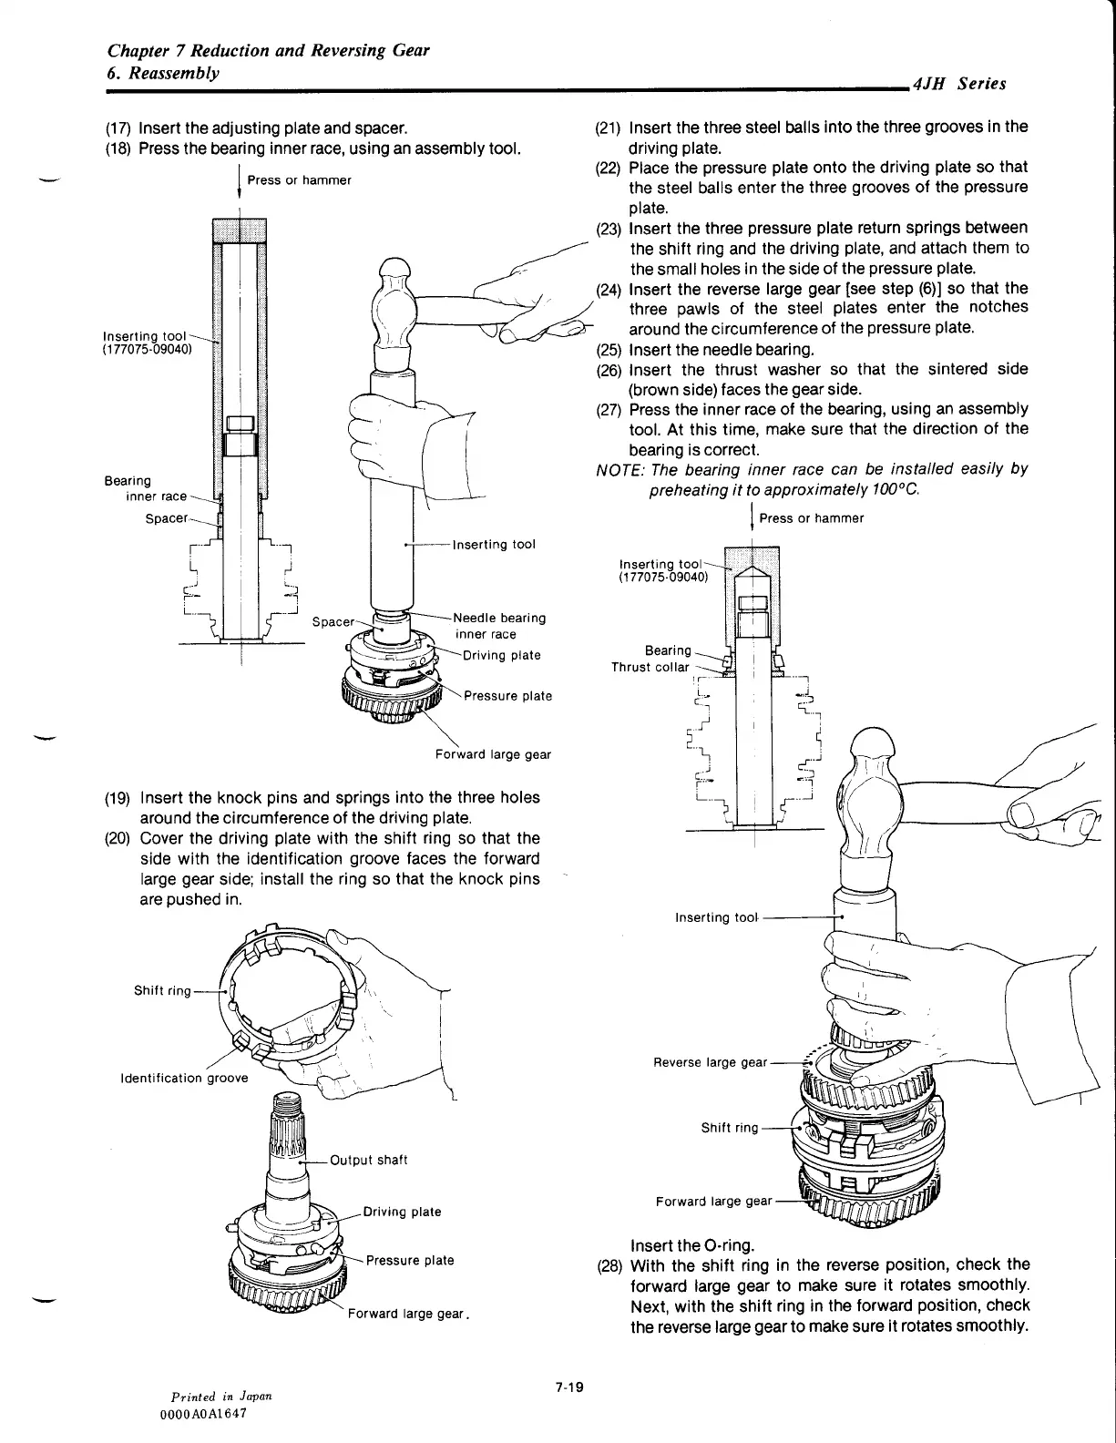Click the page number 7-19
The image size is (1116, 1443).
coord(568,1387)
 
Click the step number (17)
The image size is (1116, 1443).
coord(119,128)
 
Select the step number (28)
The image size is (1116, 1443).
coord(609,1264)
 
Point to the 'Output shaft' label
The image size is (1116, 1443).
coord(368,1160)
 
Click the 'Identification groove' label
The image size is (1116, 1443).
coord(184,1078)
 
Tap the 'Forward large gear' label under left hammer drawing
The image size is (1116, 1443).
coord(493,754)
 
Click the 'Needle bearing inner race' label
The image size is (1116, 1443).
coord(499,626)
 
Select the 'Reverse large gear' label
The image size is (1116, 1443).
coord(710,1062)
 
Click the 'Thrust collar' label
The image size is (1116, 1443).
coord(650,667)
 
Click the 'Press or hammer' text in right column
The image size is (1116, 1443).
coord(811,518)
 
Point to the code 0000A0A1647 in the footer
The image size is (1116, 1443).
coord(202,1413)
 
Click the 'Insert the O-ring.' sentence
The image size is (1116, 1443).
coord(691,1245)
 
